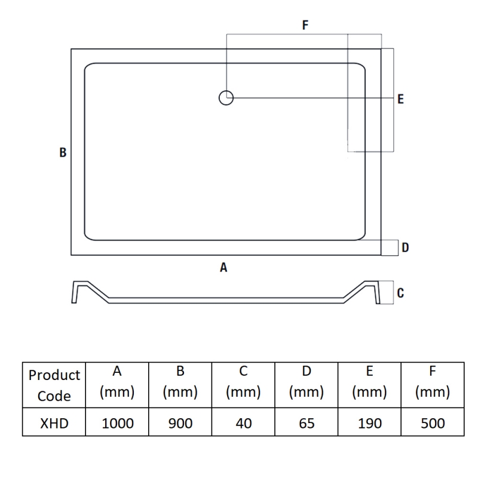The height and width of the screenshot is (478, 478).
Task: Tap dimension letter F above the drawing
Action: pyautogui.click(x=305, y=24)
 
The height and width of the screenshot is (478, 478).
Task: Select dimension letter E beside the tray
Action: pyautogui.click(x=400, y=99)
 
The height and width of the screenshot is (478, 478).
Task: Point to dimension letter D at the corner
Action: pyautogui.click(x=405, y=247)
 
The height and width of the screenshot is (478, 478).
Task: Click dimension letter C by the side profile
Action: pyautogui.click(x=400, y=293)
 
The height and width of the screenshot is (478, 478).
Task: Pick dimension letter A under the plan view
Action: pyautogui.click(x=223, y=267)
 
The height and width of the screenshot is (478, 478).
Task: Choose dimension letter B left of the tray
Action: pyautogui.click(x=63, y=152)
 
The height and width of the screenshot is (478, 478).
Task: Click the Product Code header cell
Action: pyautogui.click(x=54, y=385)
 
